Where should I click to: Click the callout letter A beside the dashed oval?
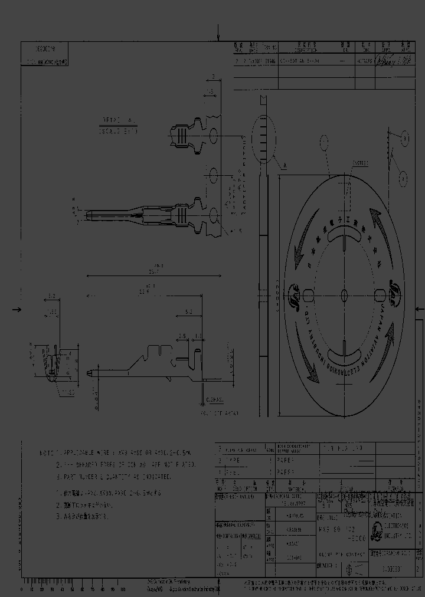tap(285, 166)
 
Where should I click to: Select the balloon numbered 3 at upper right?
tap(406, 139)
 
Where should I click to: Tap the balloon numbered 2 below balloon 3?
tap(403, 176)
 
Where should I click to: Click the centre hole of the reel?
tap(345, 293)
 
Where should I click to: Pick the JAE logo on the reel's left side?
tap(293, 293)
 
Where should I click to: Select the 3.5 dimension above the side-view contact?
tap(182, 336)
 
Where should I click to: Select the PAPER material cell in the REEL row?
tap(286, 472)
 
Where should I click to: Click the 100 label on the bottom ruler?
tap(123, 589)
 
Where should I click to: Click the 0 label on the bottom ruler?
tap(21, 589)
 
